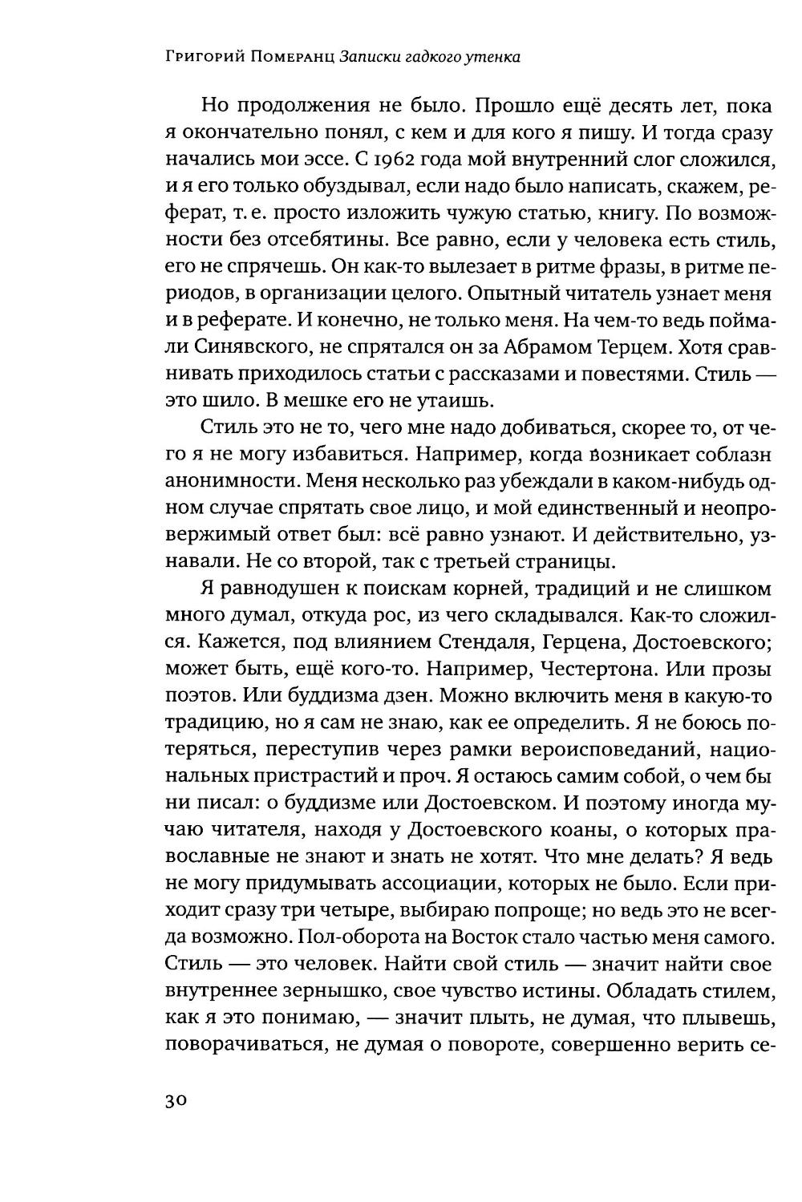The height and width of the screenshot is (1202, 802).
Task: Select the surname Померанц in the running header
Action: pos(294,57)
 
